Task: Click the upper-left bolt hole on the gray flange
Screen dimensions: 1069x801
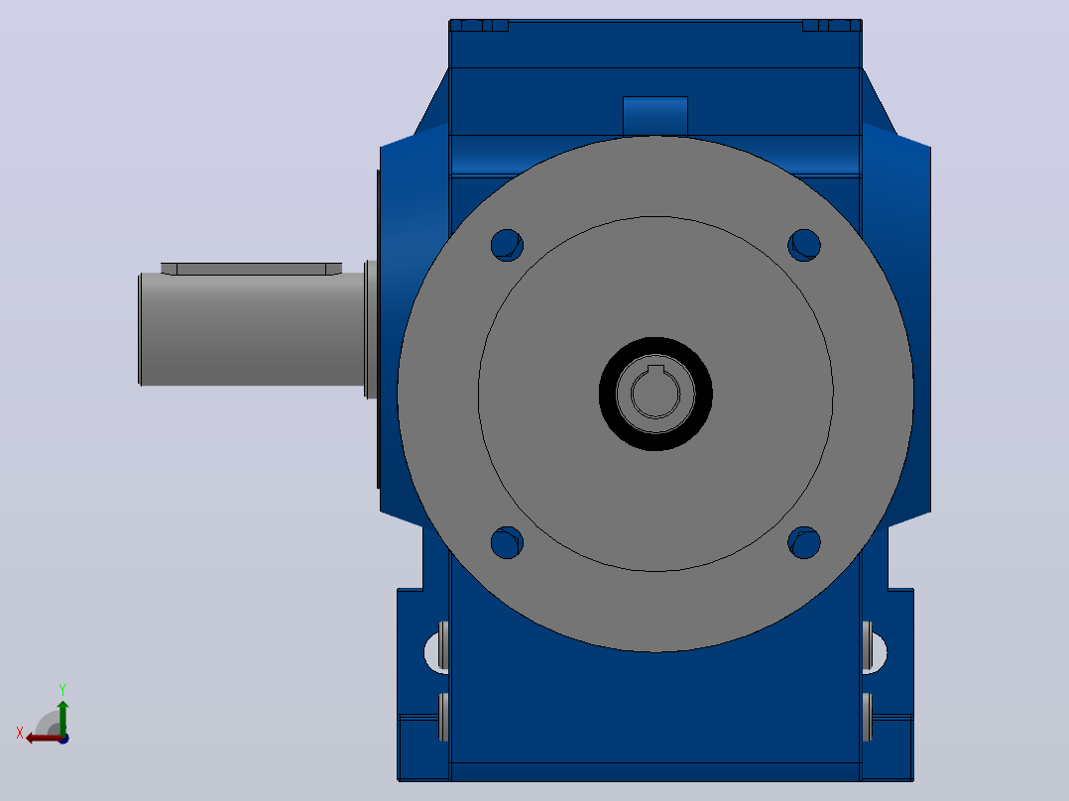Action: pyautogui.click(x=507, y=245)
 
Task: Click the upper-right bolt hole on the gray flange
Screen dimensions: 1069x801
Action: pyautogui.click(x=804, y=245)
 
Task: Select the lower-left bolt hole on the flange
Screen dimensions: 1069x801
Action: pyautogui.click(x=507, y=542)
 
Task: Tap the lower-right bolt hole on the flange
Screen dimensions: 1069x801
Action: pyautogui.click(x=804, y=542)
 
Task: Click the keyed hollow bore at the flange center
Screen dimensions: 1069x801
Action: pyautogui.click(x=655, y=394)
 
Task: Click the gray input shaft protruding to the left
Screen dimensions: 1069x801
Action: pyautogui.click(x=252, y=329)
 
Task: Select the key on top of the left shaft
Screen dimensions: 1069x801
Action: pyautogui.click(x=252, y=269)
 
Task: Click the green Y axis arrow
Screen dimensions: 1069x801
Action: pyautogui.click(x=62, y=718)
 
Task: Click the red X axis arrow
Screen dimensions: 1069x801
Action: pyautogui.click(x=45, y=739)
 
